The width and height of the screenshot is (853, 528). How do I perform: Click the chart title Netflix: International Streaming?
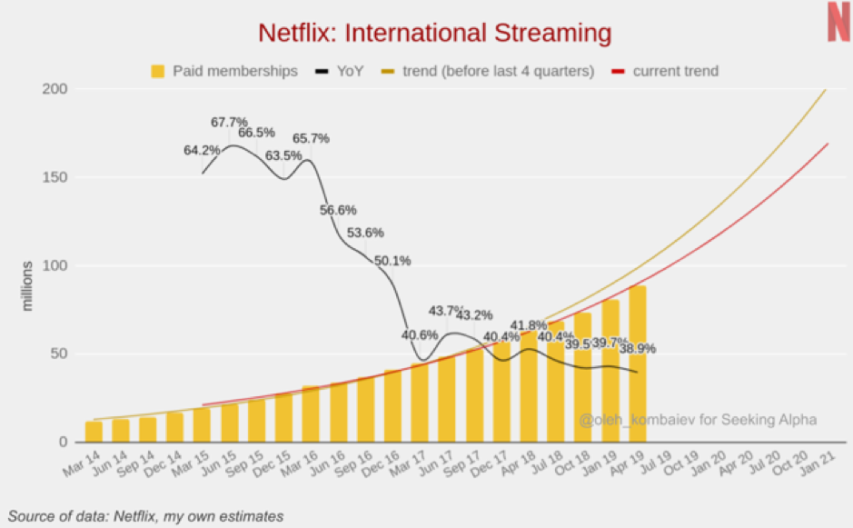tap(435, 34)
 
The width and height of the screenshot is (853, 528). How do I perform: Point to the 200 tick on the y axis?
tap(55, 89)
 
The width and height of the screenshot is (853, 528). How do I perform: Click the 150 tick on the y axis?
tap(55, 177)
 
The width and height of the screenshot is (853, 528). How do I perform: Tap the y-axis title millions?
tap(28, 286)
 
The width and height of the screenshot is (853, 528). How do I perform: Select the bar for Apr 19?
tap(637, 364)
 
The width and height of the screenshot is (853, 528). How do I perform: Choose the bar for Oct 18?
tap(582, 377)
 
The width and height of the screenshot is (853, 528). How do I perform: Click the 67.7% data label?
tap(229, 122)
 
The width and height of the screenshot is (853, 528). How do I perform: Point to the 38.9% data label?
tap(637, 348)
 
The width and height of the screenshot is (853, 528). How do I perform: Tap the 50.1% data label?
tap(392, 261)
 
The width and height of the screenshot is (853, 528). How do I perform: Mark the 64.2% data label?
tap(202, 150)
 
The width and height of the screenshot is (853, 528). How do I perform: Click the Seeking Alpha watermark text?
tap(698, 420)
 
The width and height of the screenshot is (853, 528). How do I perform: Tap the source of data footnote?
tap(146, 516)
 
